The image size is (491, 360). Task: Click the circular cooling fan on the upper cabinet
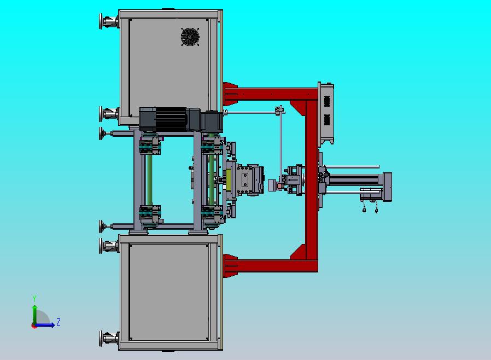click(x=190, y=37)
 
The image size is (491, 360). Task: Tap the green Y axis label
click(x=34, y=298)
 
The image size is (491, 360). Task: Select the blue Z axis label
click(x=59, y=322)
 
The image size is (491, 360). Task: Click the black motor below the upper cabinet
click(x=171, y=119)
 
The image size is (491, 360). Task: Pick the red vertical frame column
click(x=312, y=180)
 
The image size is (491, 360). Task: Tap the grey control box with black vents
click(x=326, y=114)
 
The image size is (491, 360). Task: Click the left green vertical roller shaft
click(x=150, y=180)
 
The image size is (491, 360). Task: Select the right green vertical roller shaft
click(x=212, y=180)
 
